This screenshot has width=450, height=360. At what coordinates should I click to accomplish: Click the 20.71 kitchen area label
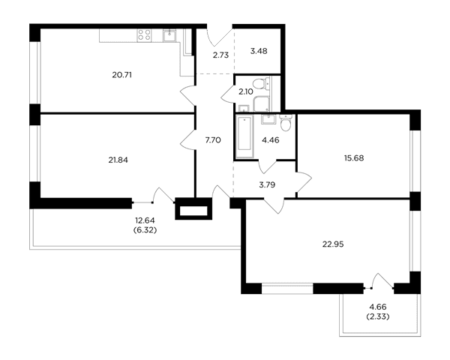[x=122, y=75]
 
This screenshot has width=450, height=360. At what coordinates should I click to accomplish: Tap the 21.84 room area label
[x=118, y=160]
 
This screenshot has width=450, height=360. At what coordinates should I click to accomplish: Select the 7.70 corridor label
[x=213, y=140]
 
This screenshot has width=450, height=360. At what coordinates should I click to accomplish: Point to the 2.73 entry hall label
[x=220, y=55]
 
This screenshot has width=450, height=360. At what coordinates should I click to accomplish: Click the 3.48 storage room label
[x=259, y=51]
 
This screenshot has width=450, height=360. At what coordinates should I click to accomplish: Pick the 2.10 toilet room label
[x=246, y=91]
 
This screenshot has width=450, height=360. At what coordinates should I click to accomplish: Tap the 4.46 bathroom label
[x=271, y=140]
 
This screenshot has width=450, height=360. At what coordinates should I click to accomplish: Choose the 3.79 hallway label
[x=267, y=184]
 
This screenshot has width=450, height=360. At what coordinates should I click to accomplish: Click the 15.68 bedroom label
[x=354, y=158]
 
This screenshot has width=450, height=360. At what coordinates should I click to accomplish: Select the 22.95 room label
[x=333, y=244]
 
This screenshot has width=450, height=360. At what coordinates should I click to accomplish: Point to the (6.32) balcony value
[x=145, y=230]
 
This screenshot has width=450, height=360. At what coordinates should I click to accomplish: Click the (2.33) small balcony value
[x=378, y=317]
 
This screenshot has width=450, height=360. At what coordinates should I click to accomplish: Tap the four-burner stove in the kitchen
[x=144, y=35]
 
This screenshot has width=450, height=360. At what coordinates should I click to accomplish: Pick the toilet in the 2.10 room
[x=260, y=84]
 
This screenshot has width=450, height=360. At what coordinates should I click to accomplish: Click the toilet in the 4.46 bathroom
[x=286, y=123]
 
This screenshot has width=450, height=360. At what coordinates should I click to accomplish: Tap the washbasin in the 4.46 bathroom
[x=268, y=118]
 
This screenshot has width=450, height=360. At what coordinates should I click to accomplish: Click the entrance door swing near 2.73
[x=219, y=37]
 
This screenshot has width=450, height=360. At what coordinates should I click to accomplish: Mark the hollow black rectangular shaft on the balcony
[x=193, y=209]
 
